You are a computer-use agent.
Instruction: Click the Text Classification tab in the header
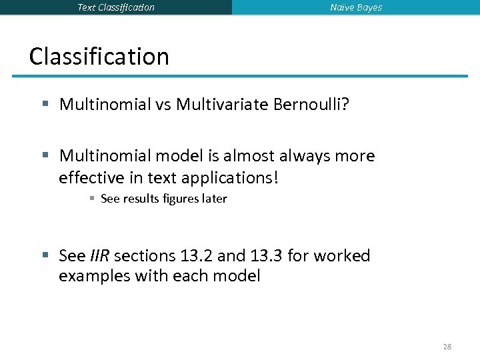(116, 7)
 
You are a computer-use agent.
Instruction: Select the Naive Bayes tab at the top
(356, 7)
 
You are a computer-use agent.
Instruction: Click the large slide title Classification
(99, 56)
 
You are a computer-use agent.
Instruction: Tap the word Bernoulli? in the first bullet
(311, 104)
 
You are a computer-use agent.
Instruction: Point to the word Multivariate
(222, 104)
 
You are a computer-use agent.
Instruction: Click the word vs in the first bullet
(162, 104)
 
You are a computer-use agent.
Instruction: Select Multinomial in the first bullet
(103, 104)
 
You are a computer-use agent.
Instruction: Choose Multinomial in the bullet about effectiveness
(103, 156)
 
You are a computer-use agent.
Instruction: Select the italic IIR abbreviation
(102, 256)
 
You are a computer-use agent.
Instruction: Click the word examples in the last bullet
(95, 275)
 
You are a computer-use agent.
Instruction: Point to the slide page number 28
(447, 347)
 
